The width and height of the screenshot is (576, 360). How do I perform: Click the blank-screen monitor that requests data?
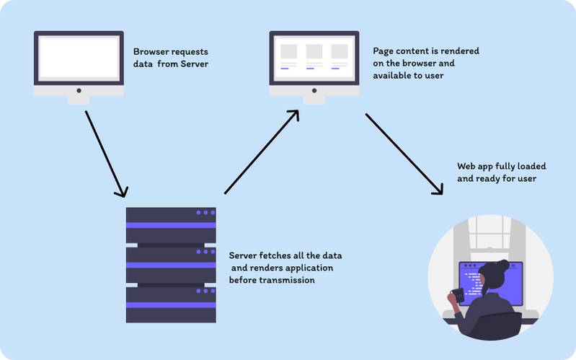79,59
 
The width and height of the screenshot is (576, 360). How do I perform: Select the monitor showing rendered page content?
314,59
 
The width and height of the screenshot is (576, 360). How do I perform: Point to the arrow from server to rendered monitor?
261,152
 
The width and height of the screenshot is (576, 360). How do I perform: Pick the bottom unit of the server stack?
171,304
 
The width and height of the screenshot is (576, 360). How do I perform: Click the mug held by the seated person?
456,296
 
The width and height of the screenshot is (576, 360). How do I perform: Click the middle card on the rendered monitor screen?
314,53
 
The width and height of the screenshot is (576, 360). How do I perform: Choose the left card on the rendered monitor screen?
288,53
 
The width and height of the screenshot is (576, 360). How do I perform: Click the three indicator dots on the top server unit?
205,212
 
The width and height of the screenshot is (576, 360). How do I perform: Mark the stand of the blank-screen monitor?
79,97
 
